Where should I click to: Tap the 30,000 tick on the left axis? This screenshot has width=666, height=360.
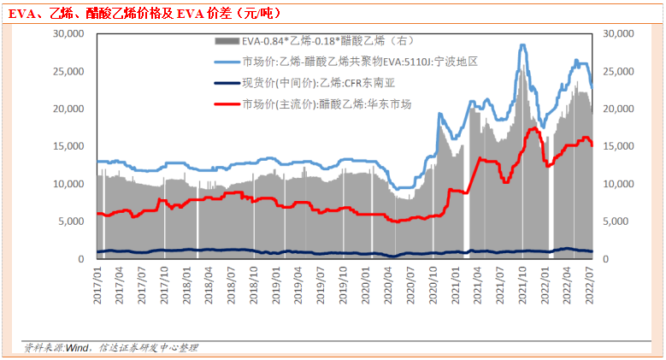pyautogui.click(x=68, y=33)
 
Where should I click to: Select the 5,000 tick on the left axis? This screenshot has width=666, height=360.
pyautogui.click(x=71, y=221)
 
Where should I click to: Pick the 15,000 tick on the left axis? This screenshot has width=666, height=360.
pyautogui.click(x=68, y=146)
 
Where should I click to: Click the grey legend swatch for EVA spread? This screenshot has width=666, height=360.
pyautogui.click(x=226, y=40)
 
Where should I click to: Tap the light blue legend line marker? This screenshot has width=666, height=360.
pyautogui.click(x=226, y=62)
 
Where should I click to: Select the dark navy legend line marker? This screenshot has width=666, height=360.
pyautogui.click(x=226, y=83)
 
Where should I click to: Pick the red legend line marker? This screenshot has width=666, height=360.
pyautogui.click(x=226, y=103)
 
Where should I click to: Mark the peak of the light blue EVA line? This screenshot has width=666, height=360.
pyautogui.click(x=522, y=45)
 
